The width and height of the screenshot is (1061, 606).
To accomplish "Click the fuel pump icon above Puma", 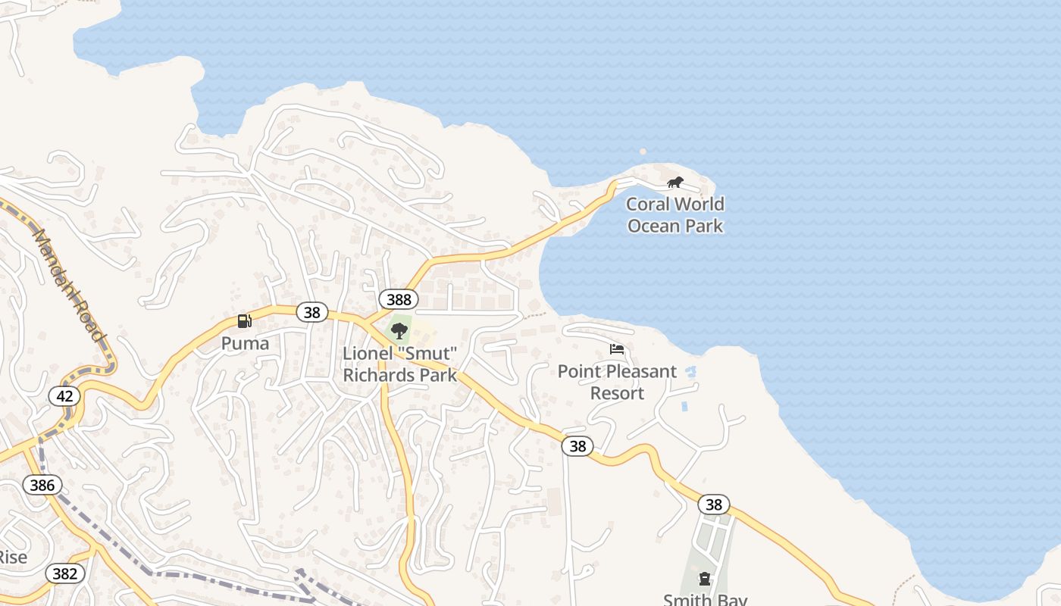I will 244,321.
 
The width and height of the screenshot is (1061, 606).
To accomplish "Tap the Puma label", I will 245,343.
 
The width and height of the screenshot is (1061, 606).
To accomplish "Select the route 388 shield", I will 399,299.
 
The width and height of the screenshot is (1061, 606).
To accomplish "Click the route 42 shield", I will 64,395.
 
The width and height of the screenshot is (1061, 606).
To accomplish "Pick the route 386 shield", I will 42,485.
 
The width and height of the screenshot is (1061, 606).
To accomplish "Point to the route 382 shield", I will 64,573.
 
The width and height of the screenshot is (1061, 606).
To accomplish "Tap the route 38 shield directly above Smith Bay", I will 713,504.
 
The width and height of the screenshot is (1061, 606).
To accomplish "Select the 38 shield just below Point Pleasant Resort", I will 577,446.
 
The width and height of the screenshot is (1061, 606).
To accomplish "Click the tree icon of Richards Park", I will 399,331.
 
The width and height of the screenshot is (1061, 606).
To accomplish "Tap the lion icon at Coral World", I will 674,183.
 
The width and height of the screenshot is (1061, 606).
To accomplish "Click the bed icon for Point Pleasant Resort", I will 617,349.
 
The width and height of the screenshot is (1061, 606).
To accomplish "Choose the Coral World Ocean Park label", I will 675,215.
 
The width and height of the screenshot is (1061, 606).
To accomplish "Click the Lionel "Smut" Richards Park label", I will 400,364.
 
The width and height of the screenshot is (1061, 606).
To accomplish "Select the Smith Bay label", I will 705,599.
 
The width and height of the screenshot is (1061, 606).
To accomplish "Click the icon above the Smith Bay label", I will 705,579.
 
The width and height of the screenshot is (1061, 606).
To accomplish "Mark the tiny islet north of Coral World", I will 643,151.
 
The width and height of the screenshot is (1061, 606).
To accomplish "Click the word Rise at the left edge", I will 13,558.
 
